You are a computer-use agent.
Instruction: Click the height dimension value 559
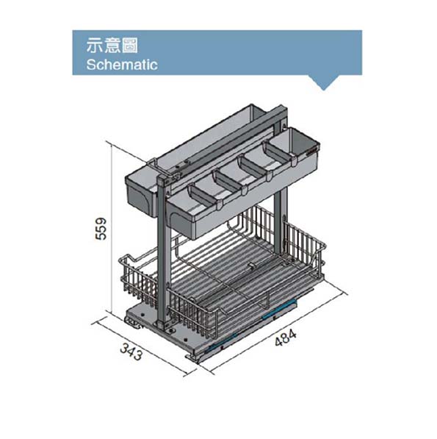click(x=101, y=229)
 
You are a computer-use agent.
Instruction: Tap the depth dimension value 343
click(x=131, y=352)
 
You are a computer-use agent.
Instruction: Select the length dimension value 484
click(x=286, y=338)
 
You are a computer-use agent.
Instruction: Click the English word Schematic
click(x=122, y=65)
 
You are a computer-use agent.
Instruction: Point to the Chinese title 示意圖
click(x=112, y=46)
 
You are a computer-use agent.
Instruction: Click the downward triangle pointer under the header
click(x=324, y=83)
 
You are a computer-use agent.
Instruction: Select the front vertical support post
click(x=163, y=252)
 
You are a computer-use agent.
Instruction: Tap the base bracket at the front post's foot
click(x=165, y=327)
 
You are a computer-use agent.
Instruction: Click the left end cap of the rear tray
click(x=140, y=197)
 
